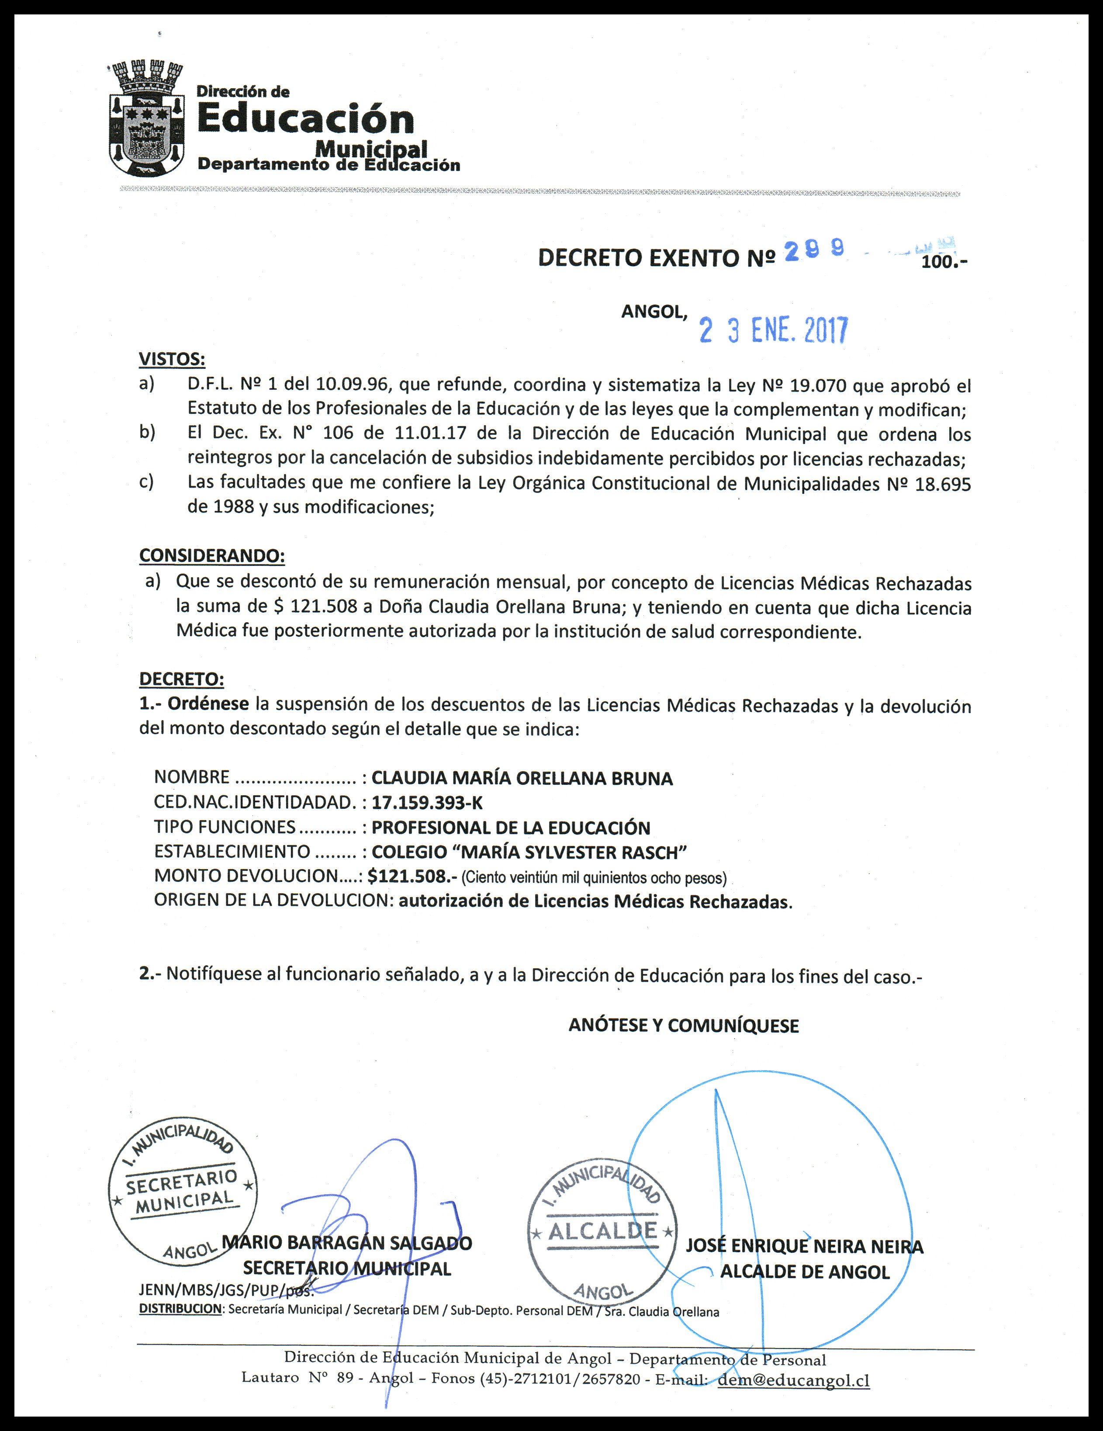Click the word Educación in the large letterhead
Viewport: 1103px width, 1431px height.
(306, 119)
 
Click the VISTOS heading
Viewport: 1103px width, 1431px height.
(172, 359)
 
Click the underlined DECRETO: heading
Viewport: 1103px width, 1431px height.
(181, 679)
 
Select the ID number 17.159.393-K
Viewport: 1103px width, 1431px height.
(427, 803)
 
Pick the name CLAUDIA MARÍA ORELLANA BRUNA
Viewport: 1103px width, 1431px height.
(522, 778)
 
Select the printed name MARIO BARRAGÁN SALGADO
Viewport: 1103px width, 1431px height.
(347, 1243)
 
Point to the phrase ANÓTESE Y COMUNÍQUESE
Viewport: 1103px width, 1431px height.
(684, 1026)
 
